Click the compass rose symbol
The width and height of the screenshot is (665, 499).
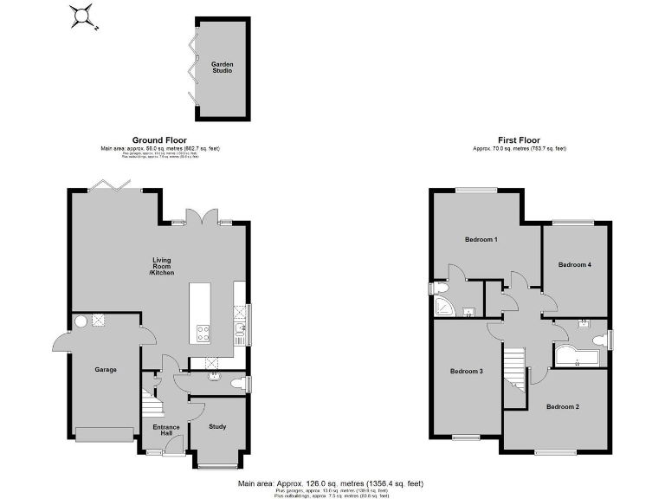(83, 16)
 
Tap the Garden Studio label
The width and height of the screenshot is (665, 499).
(222, 68)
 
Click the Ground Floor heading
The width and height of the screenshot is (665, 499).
(160, 140)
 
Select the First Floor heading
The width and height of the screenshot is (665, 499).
(520, 140)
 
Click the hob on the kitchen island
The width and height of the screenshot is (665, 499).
(204, 329)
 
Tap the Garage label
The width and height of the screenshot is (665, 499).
(106, 370)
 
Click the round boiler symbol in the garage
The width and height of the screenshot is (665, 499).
(80, 321)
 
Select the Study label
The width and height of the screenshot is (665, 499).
(217, 425)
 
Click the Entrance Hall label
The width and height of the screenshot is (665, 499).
(165, 431)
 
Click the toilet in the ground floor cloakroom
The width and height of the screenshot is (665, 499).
(236, 382)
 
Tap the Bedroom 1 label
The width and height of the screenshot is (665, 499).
(481, 239)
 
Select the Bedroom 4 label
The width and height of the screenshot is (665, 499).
(575, 264)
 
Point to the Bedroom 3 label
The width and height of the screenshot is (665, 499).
(467, 371)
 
